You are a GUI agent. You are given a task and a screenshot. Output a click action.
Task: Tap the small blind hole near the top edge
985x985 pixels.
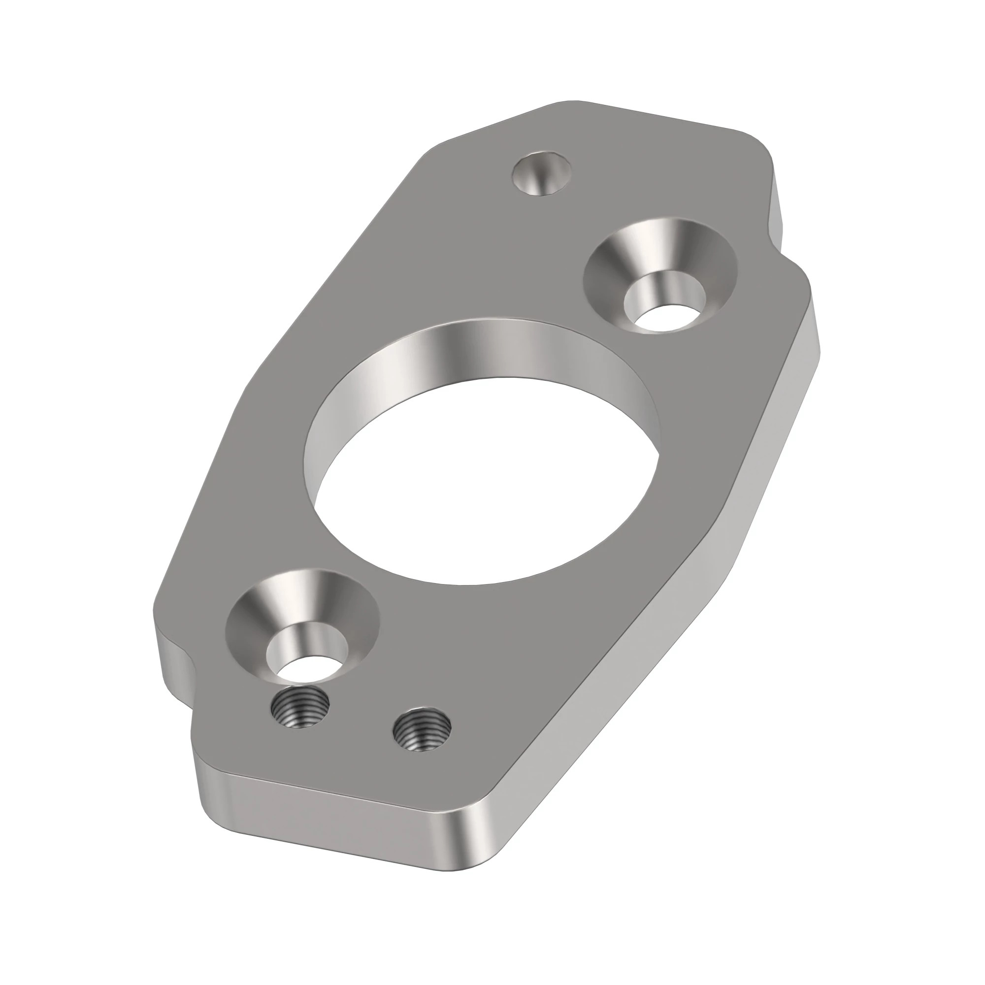pos(541,174)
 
